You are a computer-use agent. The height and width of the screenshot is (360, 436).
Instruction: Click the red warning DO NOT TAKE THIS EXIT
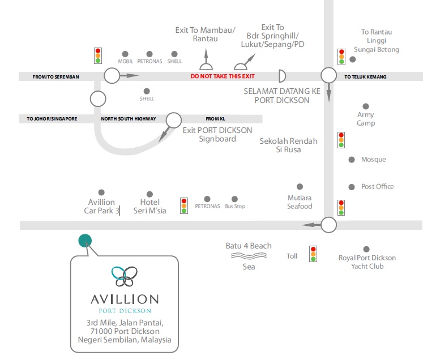223,76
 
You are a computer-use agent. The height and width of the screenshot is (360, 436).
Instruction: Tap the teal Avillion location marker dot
85,241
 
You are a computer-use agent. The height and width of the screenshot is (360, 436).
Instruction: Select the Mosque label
373,160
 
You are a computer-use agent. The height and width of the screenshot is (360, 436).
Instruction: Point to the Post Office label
377,187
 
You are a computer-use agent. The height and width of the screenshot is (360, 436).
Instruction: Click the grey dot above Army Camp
366,106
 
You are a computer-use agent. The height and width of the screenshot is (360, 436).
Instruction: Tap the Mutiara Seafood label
300,203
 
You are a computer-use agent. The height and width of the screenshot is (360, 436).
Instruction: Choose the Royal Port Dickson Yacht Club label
366,262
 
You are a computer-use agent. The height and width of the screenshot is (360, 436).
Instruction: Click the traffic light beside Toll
313,254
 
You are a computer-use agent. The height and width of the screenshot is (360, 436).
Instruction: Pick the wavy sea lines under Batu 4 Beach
249,256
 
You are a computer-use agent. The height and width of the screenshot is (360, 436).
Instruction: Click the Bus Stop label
235,207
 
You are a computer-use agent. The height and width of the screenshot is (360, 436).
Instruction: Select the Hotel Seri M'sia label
149,206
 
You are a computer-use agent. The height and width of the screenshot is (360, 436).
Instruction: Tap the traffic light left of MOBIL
98,55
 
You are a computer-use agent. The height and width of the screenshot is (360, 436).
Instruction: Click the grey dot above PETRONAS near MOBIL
149,54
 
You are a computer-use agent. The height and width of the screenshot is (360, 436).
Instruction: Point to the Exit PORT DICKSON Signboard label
217,134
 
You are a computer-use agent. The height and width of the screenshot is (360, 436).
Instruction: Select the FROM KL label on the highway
215,119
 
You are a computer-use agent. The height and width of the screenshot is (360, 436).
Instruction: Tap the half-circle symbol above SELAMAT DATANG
282,76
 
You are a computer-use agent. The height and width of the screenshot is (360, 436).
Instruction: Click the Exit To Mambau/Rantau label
205,34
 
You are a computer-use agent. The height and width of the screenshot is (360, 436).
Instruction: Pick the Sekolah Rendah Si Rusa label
288,145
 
